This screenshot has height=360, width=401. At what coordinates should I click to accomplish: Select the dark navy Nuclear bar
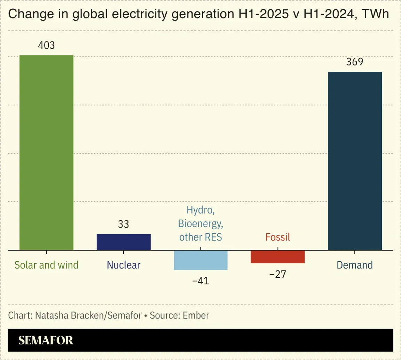tap(124, 242)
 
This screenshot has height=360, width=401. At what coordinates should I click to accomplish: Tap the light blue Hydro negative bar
tap(200, 260)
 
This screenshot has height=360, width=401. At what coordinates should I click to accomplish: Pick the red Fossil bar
tap(277, 256)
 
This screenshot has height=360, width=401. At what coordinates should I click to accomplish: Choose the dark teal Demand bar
tap(355, 161)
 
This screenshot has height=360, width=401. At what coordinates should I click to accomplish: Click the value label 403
tap(46, 46)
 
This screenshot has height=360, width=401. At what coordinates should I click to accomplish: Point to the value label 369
tap(355, 62)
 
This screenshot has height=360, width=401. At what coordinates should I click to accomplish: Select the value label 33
tap(124, 224)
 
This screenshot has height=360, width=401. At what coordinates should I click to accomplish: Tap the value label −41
tap(200, 281)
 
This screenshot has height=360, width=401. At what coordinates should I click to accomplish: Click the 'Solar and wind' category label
tap(46, 265)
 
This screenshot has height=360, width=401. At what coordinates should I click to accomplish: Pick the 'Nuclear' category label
tap(124, 265)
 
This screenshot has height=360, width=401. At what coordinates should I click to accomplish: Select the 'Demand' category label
tap(355, 265)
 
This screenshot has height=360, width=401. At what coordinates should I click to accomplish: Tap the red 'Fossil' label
tap(277, 237)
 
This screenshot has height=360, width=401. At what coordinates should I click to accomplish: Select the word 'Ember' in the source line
tap(197, 316)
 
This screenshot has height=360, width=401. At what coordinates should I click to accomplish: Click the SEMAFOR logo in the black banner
tap(46, 340)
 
